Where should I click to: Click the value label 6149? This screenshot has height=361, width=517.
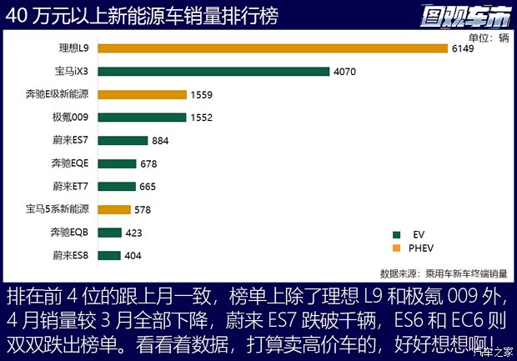coord(464,49)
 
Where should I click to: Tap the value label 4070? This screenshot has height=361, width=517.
coord(345,72)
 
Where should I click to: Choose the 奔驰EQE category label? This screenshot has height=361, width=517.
coord(69,163)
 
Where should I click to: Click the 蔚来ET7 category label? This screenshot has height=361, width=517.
coord(70,187)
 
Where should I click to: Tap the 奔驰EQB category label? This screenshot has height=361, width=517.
coord(69,233)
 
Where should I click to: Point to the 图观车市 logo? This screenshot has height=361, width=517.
coord(469,15)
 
